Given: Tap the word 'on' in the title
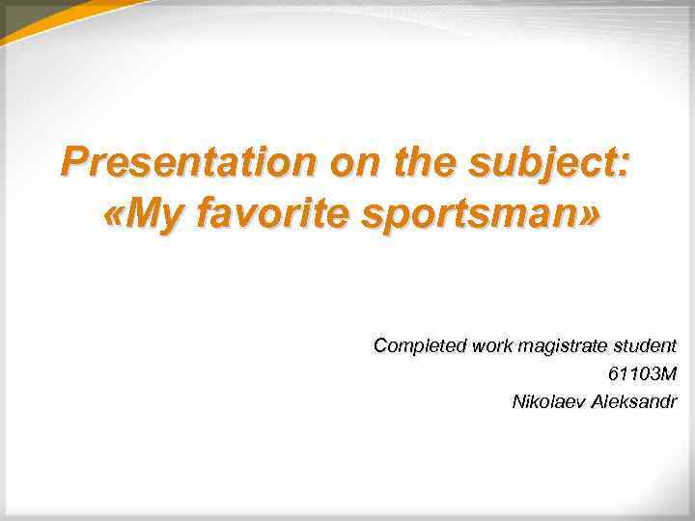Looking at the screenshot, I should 352,161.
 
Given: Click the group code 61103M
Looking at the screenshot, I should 643,373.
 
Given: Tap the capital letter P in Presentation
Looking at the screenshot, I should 73,161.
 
